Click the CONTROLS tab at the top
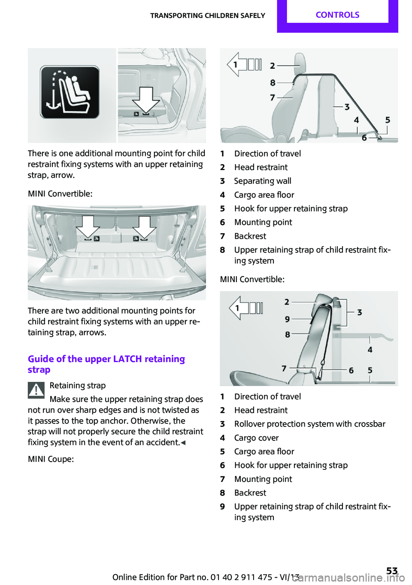click(337, 15)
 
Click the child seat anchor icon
click(70, 92)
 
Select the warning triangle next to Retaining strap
click(36, 390)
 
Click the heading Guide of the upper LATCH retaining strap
click(106, 364)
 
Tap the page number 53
click(392, 571)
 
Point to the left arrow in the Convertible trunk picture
click(88, 226)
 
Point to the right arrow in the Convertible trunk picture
click(144, 226)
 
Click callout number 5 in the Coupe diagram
click(388, 120)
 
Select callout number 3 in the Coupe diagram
click(347, 107)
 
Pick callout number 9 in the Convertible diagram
click(287, 319)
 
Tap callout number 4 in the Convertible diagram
click(370, 350)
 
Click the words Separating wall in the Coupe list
click(263, 181)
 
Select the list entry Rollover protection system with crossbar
click(309, 424)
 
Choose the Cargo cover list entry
click(256, 438)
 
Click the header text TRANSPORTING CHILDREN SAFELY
click(207, 15)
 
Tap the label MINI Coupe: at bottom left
click(51, 459)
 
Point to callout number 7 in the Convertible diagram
click(284, 368)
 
